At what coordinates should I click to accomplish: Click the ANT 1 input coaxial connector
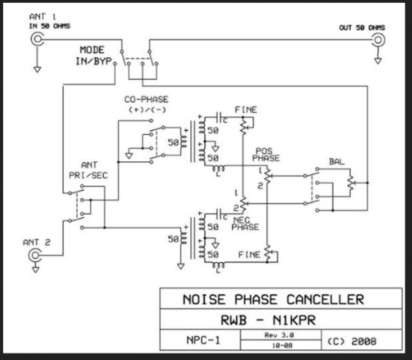coord(37,39)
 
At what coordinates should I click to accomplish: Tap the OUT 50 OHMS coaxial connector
coord(378,40)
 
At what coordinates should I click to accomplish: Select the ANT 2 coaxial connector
coord(35,255)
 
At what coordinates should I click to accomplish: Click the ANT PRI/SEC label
coord(88,170)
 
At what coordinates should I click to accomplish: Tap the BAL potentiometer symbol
coord(351,183)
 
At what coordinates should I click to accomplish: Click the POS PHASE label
coord(266,155)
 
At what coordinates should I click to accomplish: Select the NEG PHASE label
coord(245,224)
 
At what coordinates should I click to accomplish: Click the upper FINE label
coord(246,110)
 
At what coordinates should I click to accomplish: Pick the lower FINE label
coord(249,254)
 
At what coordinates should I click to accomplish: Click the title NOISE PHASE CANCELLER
coord(274,299)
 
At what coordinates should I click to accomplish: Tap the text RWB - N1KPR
coord(268,320)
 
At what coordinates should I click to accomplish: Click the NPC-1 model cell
coord(203,340)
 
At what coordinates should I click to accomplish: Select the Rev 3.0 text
coord(279,335)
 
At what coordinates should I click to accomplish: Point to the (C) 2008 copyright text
coord(352,341)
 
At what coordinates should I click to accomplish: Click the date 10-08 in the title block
coord(282,345)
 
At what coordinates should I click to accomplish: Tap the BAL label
coord(337,162)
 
